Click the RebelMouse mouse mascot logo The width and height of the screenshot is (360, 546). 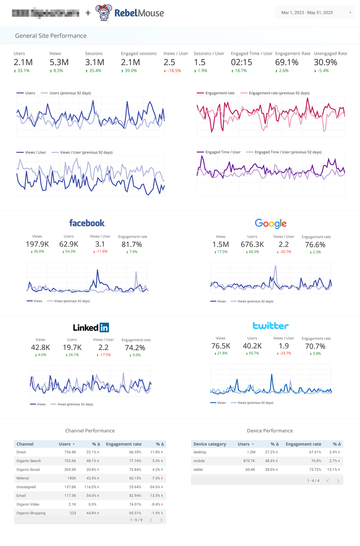pyautogui.click(x=104, y=12)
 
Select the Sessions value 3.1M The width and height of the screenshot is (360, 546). pyautogui.click(x=95, y=62)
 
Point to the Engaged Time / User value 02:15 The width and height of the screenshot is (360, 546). pyautogui.click(x=241, y=62)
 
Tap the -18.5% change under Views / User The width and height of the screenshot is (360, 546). pyautogui.click(x=174, y=71)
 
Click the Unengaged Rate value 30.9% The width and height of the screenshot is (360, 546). pyautogui.click(x=325, y=62)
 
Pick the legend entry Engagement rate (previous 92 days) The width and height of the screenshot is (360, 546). pyautogui.click(x=279, y=93)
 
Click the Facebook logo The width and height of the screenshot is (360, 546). pyautogui.click(x=87, y=223)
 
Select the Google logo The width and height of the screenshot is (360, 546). pyautogui.click(x=271, y=223)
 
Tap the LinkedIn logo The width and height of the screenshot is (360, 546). pyautogui.click(x=91, y=327)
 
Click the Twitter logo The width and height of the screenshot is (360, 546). pyautogui.click(x=271, y=326)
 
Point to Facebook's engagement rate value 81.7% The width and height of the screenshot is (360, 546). pyautogui.click(x=132, y=244)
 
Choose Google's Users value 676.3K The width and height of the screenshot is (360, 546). pyautogui.click(x=252, y=244)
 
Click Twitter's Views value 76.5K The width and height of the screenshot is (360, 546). pyautogui.click(x=220, y=346)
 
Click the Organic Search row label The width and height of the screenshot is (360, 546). pyautogui.click(x=29, y=461)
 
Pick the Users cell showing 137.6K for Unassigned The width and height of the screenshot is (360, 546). pyautogui.click(x=70, y=487)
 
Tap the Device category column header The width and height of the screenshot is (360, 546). pyautogui.click(x=210, y=444)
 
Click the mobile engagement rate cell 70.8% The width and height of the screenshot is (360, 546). pyautogui.click(x=316, y=461)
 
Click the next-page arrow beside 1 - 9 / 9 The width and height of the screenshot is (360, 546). pyautogui.click(x=161, y=520)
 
